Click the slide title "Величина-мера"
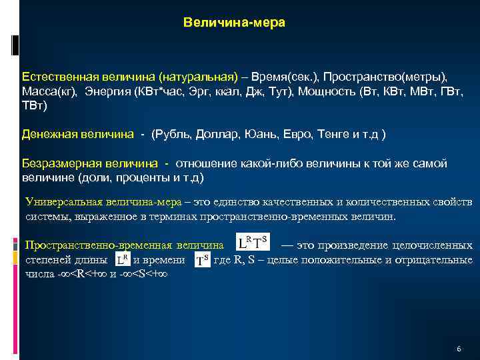click(234, 23)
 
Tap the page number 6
click(459, 349)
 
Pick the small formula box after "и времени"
click(203, 259)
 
